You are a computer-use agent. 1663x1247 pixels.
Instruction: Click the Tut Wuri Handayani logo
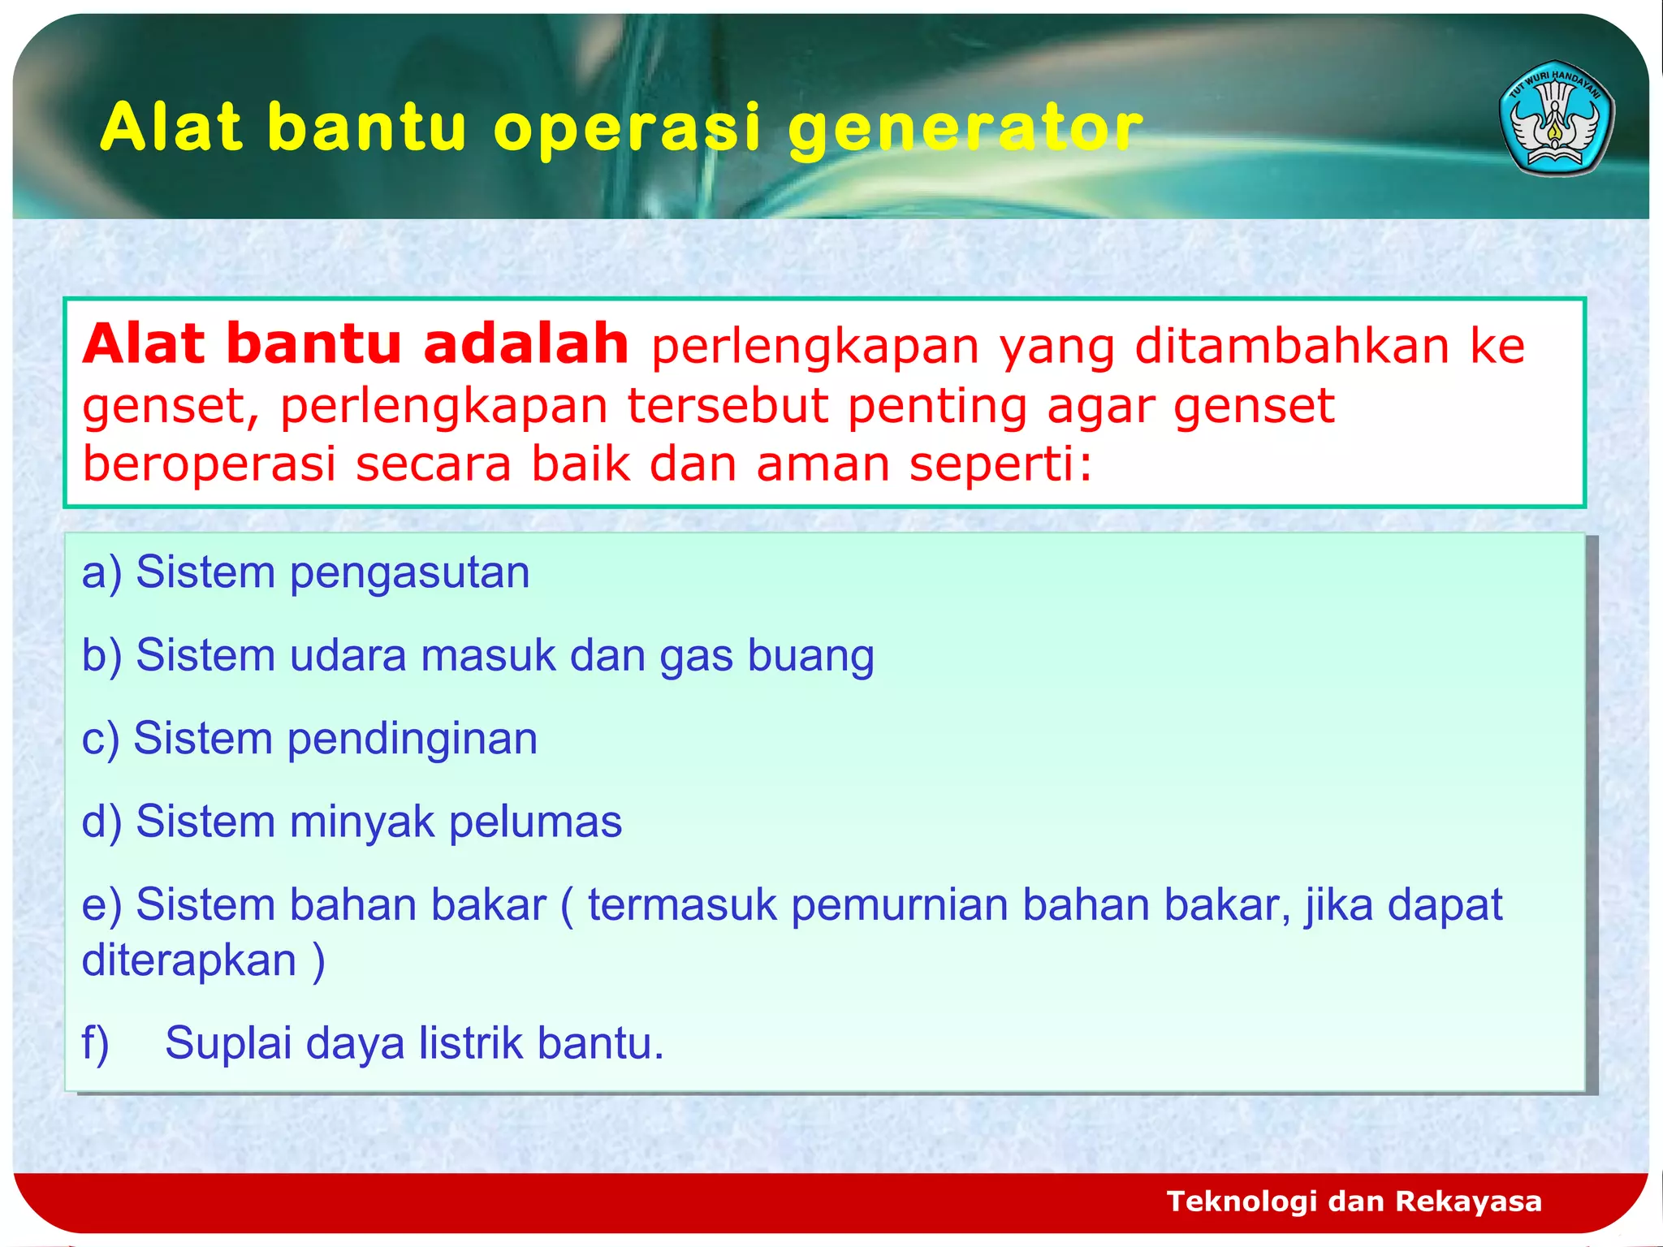coord(1556,119)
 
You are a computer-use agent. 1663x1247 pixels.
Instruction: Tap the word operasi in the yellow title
coord(627,128)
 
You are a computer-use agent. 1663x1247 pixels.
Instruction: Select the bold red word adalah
coord(525,344)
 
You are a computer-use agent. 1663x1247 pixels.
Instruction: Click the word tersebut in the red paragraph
coord(728,406)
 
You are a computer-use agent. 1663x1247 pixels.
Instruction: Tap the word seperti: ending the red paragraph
coord(1000,466)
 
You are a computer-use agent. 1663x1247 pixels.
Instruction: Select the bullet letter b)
coord(102,656)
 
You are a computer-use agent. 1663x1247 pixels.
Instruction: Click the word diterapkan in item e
coord(188,961)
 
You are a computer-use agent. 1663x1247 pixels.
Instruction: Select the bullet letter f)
coord(96,1044)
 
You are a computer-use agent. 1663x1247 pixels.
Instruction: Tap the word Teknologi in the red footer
coord(1241,1202)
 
